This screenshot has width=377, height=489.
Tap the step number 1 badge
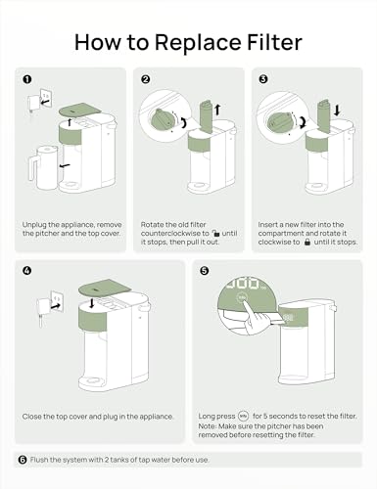[x=27, y=79]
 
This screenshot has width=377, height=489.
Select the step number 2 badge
[x=146, y=79]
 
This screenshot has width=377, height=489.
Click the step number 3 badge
[x=263, y=79]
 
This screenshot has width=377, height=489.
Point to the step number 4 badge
[x=27, y=270]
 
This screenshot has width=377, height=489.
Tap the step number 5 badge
[x=204, y=270]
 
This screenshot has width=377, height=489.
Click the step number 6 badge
[x=23, y=460]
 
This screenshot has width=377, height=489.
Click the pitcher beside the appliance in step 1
[x=43, y=167]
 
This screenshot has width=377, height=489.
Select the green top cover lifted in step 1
[x=79, y=110]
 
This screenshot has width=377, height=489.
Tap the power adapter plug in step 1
[x=32, y=105]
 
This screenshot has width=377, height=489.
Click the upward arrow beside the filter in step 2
[x=217, y=110]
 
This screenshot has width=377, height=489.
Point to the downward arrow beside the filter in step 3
[x=337, y=110]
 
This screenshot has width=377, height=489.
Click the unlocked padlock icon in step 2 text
[x=215, y=233]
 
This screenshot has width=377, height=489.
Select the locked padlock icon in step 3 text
[x=306, y=242]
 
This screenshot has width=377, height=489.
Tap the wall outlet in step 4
[x=57, y=301]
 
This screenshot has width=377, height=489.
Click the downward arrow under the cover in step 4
[x=92, y=304]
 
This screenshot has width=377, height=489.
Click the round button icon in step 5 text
[x=244, y=416]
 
